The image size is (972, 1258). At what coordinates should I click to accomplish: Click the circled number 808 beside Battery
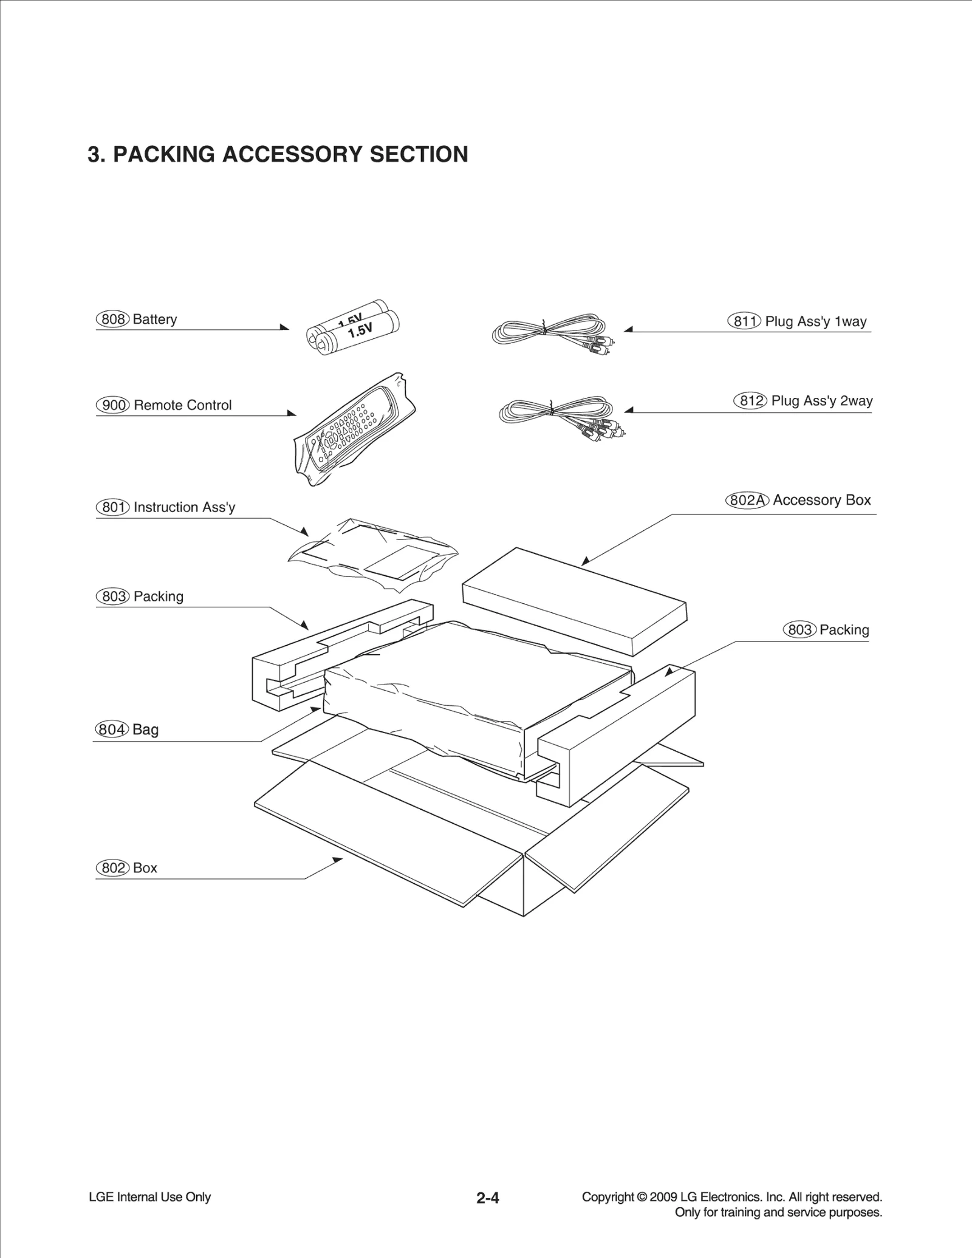pyautogui.click(x=112, y=320)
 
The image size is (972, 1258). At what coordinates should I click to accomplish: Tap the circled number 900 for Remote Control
pyautogui.click(x=113, y=405)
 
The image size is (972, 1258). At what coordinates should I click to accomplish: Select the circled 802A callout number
pyautogui.click(x=747, y=501)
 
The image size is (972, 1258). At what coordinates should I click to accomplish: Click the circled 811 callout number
pyautogui.click(x=744, y=321)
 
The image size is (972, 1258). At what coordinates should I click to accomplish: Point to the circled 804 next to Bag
pyautogui.click(x=112, y=730)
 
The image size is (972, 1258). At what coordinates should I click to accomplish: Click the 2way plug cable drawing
pyautogui.click(x=559, y=416)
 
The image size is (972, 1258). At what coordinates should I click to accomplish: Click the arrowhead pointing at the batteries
pyautogui.click(x=284, y=327)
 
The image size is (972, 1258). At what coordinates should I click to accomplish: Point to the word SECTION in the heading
pyautogui.click(x=419, y=154)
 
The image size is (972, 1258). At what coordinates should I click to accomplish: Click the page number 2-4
pyautogui.click(x=487, y=1198)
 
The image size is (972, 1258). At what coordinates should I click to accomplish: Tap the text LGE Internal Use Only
pyautogui.click(x=149, y=1197)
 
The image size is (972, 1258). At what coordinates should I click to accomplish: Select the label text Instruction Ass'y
pyautogui.click(x=184, y=507)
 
